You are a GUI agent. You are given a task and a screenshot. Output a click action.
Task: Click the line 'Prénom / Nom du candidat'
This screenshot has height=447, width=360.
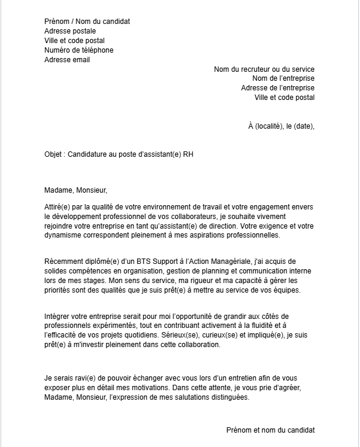87,22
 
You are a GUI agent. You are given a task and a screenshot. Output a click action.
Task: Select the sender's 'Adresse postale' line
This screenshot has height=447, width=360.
70,31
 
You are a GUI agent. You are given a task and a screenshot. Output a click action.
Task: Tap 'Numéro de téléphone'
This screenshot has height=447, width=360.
79,50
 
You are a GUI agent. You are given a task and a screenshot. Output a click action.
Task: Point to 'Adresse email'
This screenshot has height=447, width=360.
68,60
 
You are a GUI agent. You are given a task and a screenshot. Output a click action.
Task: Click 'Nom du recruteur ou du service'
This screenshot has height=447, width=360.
264,69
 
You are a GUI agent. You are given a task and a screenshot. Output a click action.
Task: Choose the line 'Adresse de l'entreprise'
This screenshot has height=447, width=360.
277,88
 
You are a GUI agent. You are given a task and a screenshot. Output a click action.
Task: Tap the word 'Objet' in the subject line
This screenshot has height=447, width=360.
54,154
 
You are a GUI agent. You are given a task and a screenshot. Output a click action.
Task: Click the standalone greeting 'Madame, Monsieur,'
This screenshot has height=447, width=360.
75,191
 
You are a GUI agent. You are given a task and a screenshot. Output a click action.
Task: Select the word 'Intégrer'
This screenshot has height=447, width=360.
58,316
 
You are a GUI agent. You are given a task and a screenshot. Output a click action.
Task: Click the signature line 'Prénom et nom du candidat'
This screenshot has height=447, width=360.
270,430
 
